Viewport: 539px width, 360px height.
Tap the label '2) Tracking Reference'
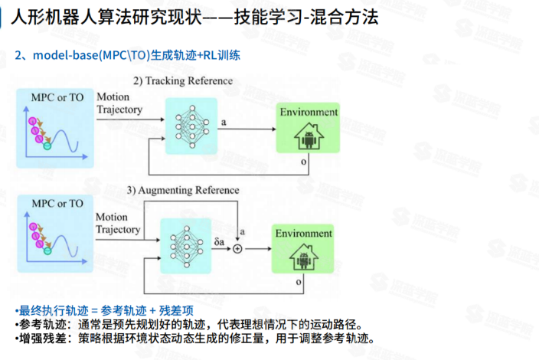pyautogui.click(x=183, y=81)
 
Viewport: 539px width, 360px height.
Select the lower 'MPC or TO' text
pyautogui.click(x=56, y=204)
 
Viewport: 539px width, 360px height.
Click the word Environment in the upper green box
pyautogui.click(x=308, y=112)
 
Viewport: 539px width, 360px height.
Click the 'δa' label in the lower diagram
pyautogui.click(x=219, y=241)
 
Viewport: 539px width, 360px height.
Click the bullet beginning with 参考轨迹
pyautogui.click(x=188, y=324)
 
